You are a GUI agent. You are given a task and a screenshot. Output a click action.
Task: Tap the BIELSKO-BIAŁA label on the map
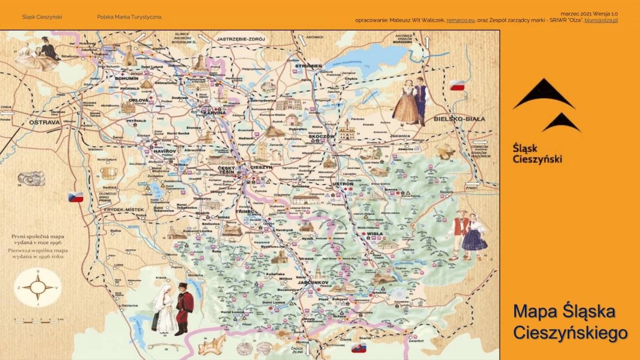pos(459,118)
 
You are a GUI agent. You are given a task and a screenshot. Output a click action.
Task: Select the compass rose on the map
pos(38,289)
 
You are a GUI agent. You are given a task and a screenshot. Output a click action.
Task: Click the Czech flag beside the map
pos(76,196)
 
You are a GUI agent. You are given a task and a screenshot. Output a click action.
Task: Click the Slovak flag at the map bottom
pos(359,348)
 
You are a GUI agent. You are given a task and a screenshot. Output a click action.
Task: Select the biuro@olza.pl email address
pos(601,20)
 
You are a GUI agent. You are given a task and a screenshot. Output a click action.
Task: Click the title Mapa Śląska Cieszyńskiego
pos(569,322)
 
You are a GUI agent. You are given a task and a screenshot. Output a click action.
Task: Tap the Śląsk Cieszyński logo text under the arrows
pos(537,153)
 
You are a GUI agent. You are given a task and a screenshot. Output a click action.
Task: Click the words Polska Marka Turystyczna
pos(130,17)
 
